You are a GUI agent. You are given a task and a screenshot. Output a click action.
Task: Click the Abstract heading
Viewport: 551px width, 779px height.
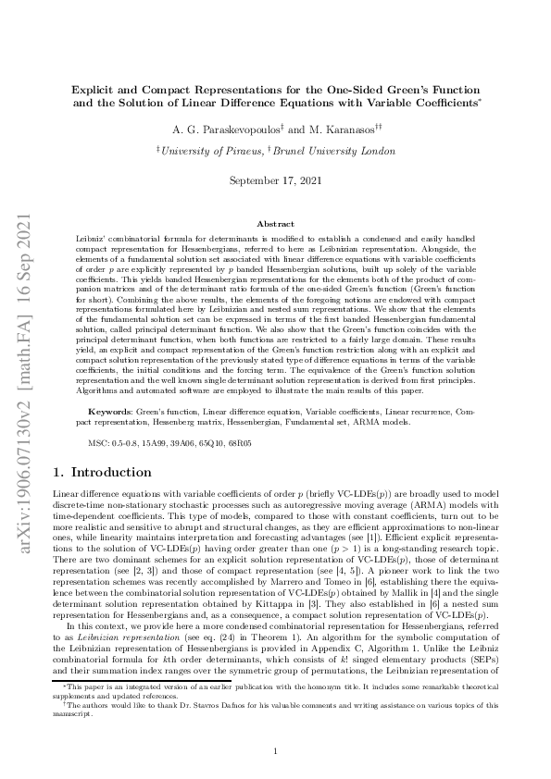[x=275, y=225]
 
